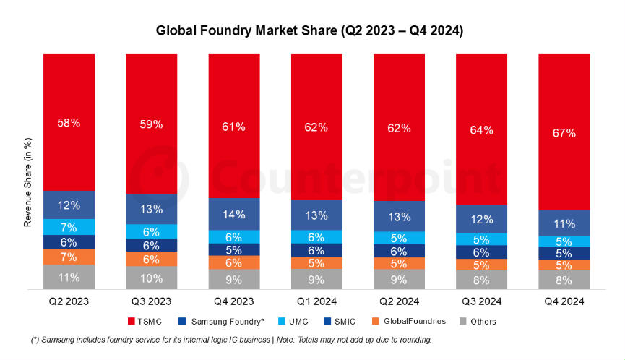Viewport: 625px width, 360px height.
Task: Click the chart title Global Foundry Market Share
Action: [x=310, y=31]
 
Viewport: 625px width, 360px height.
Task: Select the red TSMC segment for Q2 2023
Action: [x=69, y=122]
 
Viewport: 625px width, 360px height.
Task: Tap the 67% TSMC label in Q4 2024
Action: [x=564, y=133]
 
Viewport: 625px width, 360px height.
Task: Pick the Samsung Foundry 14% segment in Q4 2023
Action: [x=234, y=214]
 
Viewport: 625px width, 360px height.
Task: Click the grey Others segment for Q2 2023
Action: [x=69, y=277]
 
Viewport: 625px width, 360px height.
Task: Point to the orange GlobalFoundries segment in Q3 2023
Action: [x=151, y=259]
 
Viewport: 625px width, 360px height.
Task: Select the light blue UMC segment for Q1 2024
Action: [x=316, y=237]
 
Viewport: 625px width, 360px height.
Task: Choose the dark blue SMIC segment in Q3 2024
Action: [x=481, y=252]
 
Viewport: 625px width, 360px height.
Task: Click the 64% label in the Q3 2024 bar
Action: [x=481, y=130]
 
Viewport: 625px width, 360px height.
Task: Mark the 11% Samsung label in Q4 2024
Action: [x=564, y=223]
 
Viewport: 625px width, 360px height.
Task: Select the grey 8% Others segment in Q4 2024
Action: [x=564, y=280]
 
